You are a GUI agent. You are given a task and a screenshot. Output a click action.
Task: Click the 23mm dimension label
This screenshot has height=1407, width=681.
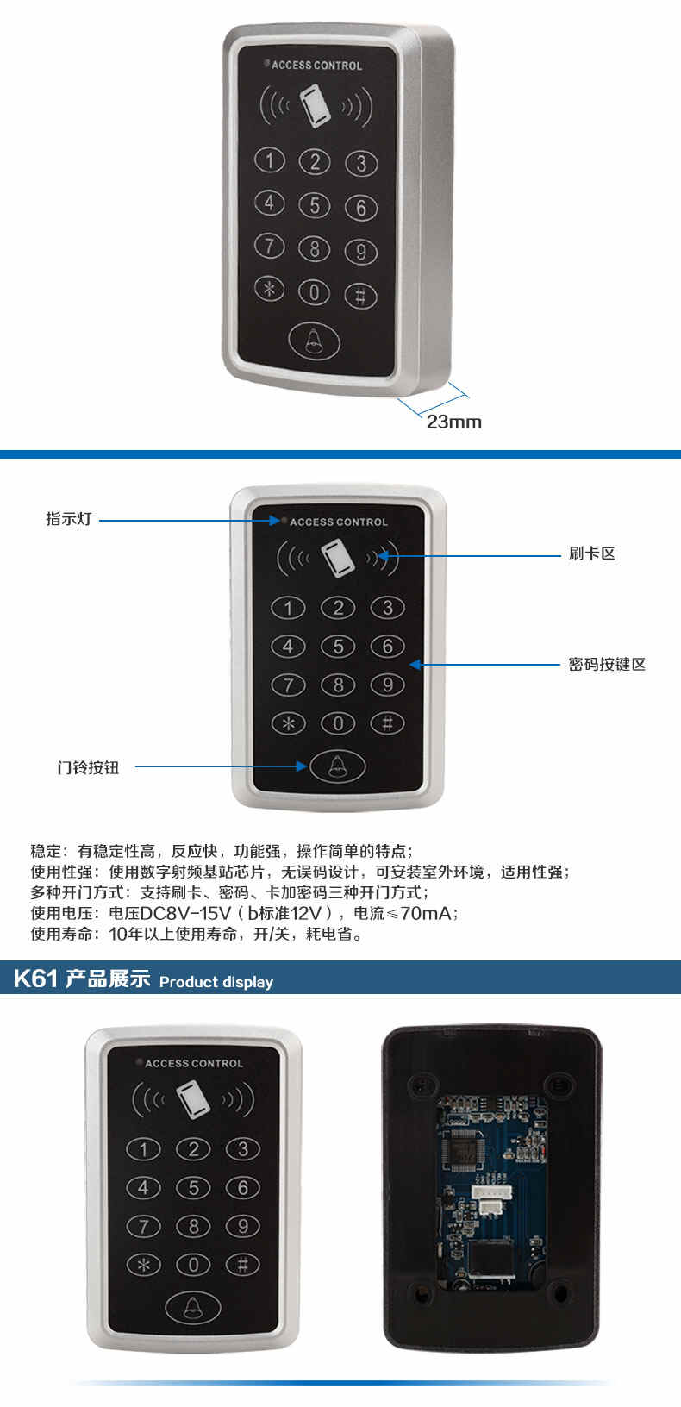click(454, 422)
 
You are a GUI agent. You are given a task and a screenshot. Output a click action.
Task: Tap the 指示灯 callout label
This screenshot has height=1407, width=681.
click(69, 519)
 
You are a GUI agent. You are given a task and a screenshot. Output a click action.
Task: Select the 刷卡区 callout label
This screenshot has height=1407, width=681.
click(592, 553)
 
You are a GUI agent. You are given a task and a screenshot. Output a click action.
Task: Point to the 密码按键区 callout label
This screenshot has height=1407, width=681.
click(607, 665)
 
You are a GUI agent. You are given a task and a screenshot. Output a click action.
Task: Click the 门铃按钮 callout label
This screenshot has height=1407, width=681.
click(88, 767)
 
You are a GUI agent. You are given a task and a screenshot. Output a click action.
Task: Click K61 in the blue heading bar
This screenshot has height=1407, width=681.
click(36, 979)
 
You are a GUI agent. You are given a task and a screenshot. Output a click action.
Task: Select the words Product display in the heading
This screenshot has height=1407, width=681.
click(216, 982)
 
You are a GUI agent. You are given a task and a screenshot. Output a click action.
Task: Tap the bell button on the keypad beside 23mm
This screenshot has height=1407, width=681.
click(314, 341)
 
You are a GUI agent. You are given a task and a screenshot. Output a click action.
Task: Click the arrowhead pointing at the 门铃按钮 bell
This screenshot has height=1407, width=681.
click(302, 766)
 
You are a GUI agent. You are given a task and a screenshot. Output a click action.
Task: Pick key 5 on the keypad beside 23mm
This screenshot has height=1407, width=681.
click(314, 205)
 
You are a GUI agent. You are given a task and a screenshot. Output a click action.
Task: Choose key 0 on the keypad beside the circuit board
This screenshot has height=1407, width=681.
click(193, 1265)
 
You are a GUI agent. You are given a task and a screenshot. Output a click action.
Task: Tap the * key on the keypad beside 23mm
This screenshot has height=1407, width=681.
click(270, 289)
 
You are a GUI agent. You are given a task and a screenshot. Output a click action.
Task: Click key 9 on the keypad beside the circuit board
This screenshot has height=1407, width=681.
click(242, 1226)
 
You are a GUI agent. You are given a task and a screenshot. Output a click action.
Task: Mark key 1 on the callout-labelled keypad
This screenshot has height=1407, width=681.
click(288, 608)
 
